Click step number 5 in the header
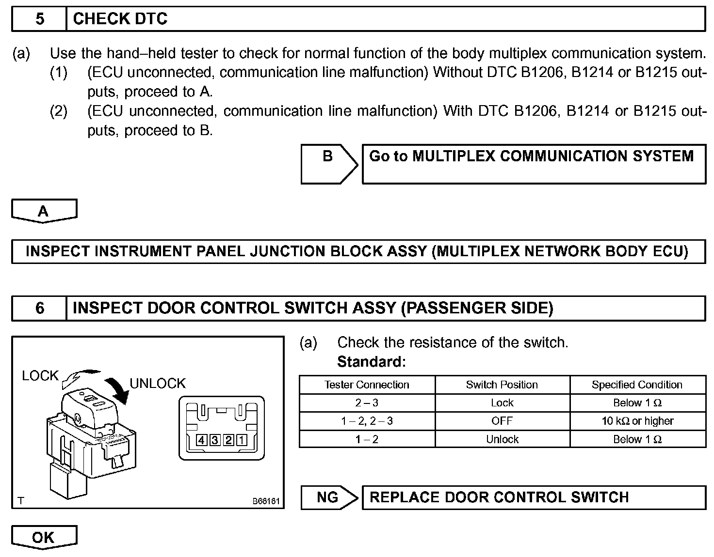point(39,19)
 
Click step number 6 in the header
point(39,308)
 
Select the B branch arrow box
point(329,164)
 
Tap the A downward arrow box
point(44,211)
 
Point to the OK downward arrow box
point(44,537)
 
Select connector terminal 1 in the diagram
point(241,440)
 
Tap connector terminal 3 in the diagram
point(214,440)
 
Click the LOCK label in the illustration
point(40,375)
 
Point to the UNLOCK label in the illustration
point(158,383)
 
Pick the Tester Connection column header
point(367,385)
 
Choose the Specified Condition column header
point(637,385)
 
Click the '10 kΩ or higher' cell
point(637,421)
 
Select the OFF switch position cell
point(502,421)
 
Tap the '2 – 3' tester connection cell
point(367,403)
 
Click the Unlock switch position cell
point(502,439)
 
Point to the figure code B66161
point(266,501)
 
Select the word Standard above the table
point(371,362)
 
